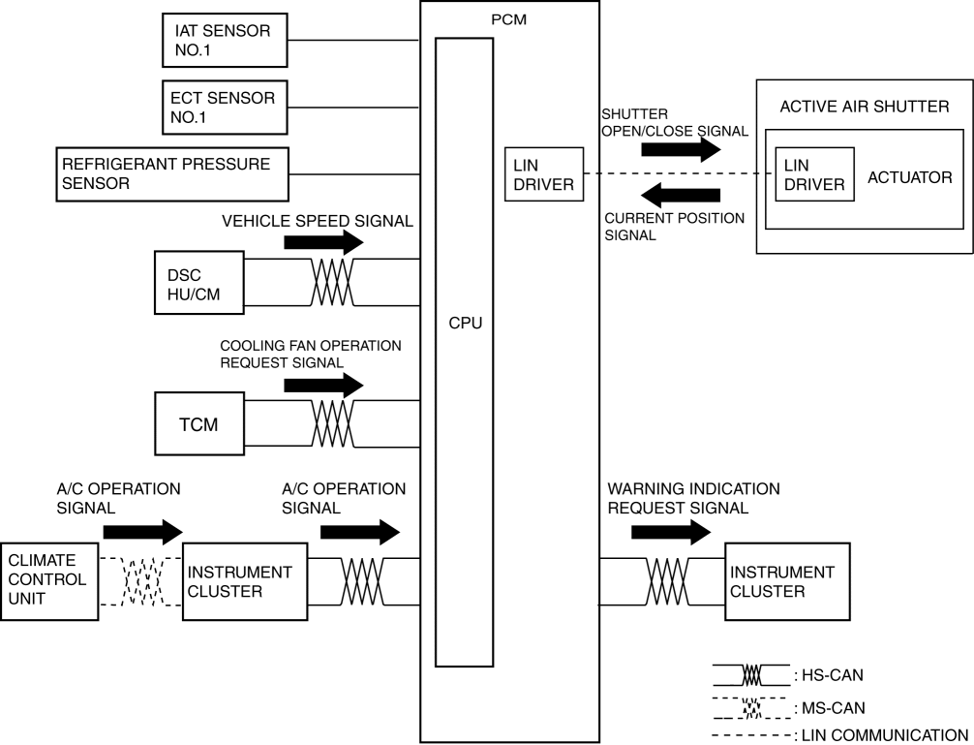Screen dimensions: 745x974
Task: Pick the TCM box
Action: (x=198, y=424)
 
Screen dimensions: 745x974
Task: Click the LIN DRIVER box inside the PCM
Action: (x=545, y=174)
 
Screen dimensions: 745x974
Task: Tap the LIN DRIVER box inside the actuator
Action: (x=813, y=174)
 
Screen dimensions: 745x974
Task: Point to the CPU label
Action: (x=465, y=323)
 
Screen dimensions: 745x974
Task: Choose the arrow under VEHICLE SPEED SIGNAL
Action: (x=323, y=243)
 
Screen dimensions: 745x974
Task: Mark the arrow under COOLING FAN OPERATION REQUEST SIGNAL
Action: (x=323, y=386)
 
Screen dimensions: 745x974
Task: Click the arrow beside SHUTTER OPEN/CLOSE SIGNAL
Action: (x=682, y=148)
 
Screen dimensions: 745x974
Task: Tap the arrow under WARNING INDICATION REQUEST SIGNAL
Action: (x=669, y=531)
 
